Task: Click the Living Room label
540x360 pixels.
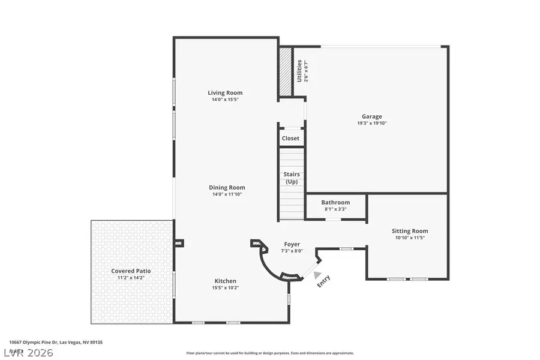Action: click(x=225, y=92)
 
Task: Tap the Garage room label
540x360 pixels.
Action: click(x=371, y=116)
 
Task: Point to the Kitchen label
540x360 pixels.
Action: click(x=226, y=281)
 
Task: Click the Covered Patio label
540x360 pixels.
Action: click(x=131, y=271)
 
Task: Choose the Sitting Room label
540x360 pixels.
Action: click(x=410, y=231)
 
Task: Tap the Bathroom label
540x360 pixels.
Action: click(x=335, y=203)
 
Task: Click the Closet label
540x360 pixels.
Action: click(x=290, y=138)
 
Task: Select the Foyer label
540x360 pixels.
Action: click(x=292, y=244)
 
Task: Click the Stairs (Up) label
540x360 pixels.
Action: click(x=291, y=178)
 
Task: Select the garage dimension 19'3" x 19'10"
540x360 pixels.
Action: click(x=371, y=124)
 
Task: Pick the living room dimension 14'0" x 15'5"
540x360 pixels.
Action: click(x=225, y=100)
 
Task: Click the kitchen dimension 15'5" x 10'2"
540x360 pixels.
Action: click(x=226, y=288)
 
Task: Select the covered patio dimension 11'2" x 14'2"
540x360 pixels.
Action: click(x=131, y=278)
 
